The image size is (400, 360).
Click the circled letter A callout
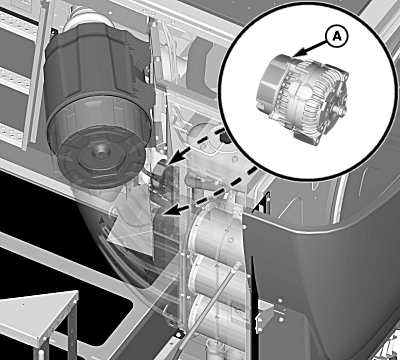[336, 38]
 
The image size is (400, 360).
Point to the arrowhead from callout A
[299, 53]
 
